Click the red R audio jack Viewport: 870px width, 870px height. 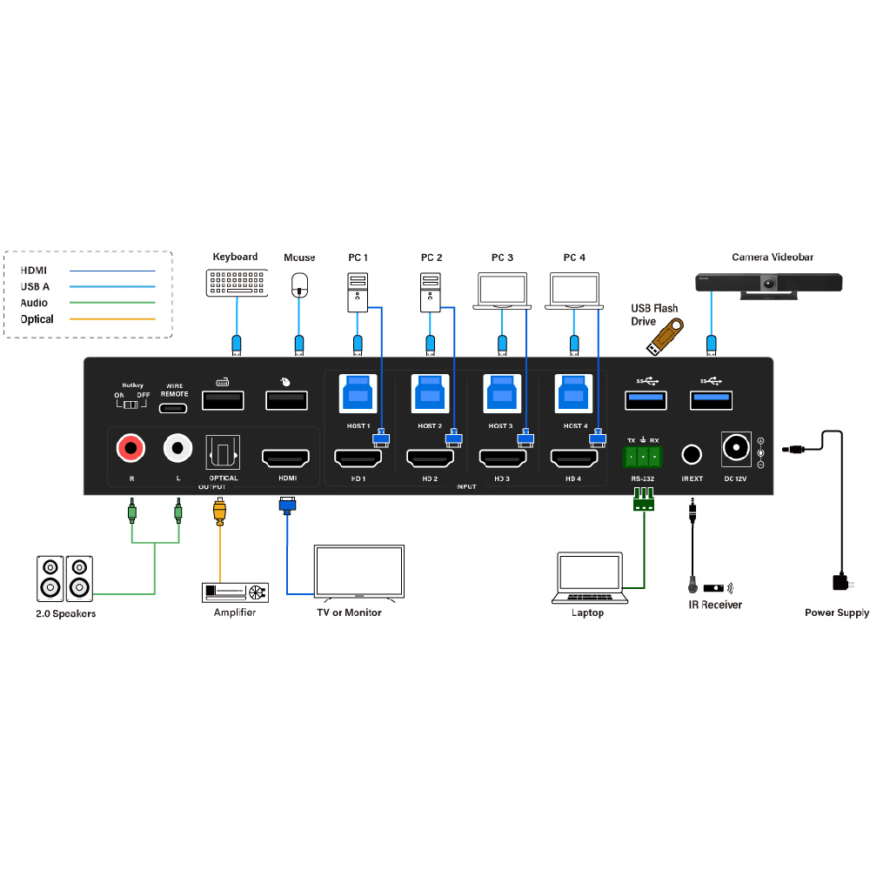click(130, 449)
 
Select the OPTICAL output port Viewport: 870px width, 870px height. click(223, 452)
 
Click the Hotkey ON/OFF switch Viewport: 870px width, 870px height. click(132, 404)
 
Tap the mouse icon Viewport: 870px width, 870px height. click(300, 283)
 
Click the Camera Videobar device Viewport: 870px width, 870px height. click(769, 284)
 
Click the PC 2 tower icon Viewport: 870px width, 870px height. click(430, 293)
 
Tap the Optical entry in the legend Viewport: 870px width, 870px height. click(37, 319)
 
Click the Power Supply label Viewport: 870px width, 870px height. click(836, 612)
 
